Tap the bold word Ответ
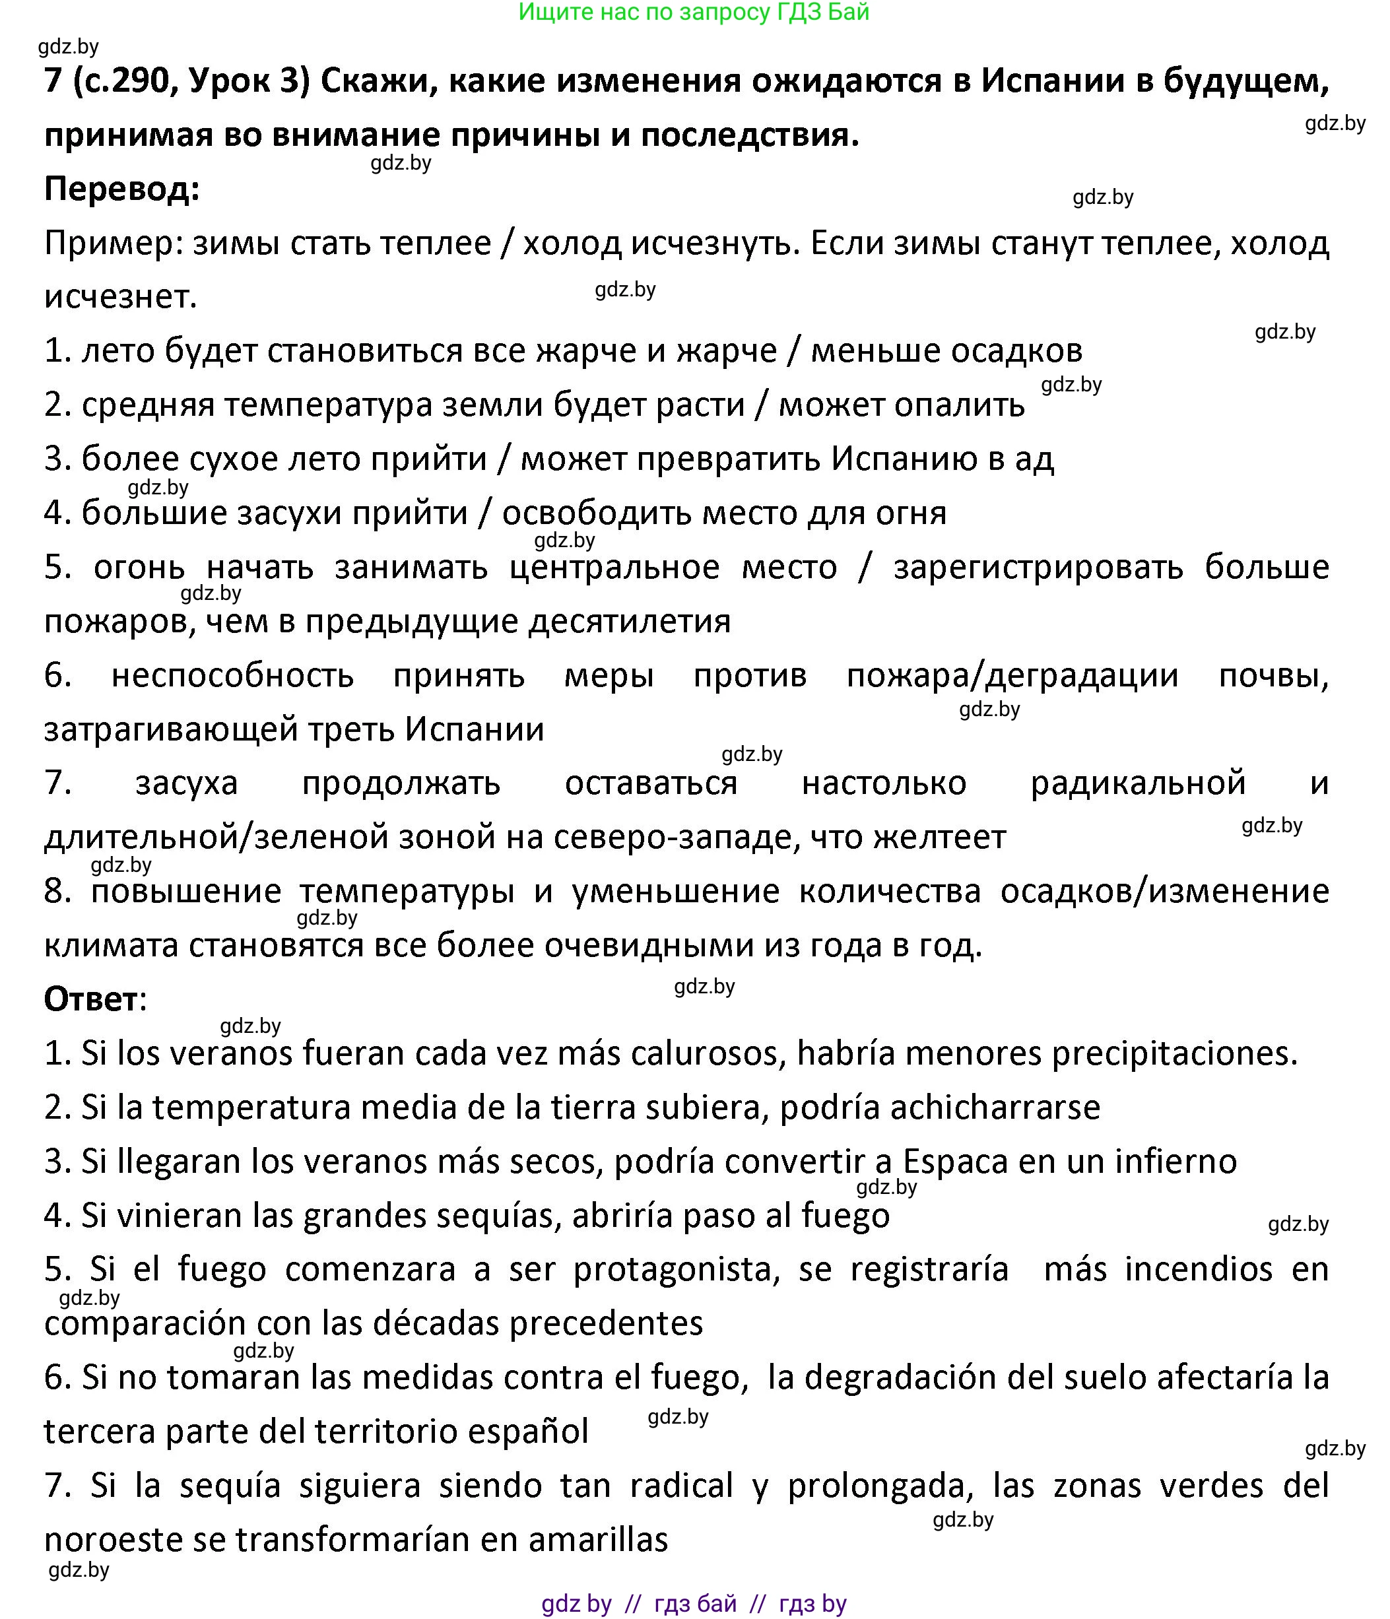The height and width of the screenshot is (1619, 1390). [x=90, y=999]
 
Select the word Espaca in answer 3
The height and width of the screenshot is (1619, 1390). [x=955, y=1162]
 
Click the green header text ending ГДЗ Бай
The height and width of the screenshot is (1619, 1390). [x=694, y=12]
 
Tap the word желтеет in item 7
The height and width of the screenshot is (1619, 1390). [x=939, y=838]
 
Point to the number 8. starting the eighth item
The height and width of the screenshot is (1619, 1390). [x=58, y=892]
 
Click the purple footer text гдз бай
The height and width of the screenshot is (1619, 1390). [x=694, y=1603]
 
